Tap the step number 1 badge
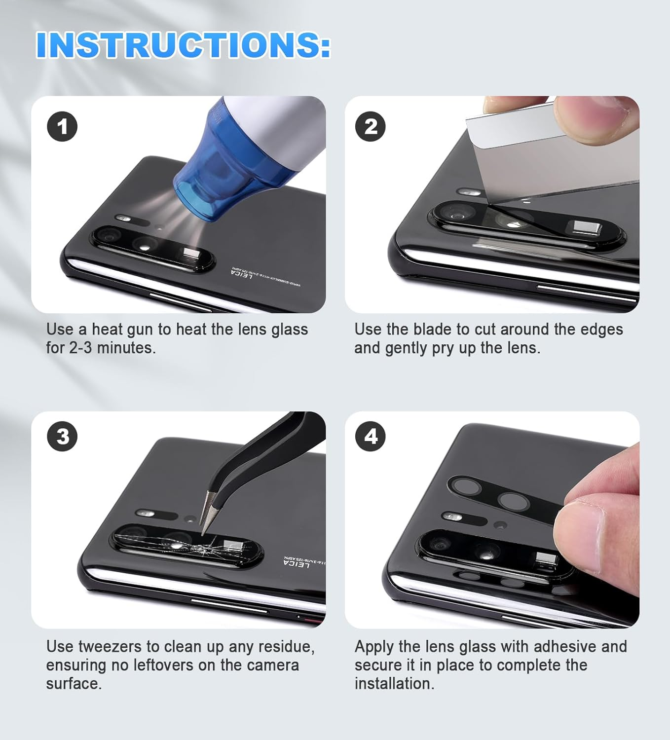pos(62,127)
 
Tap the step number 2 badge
pos(371,127)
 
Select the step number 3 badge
pos(62,437)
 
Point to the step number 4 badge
pos(371,437)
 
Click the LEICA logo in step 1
pos(242,274)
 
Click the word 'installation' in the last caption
pos(393,684)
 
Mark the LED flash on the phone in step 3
pos(146,514)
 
